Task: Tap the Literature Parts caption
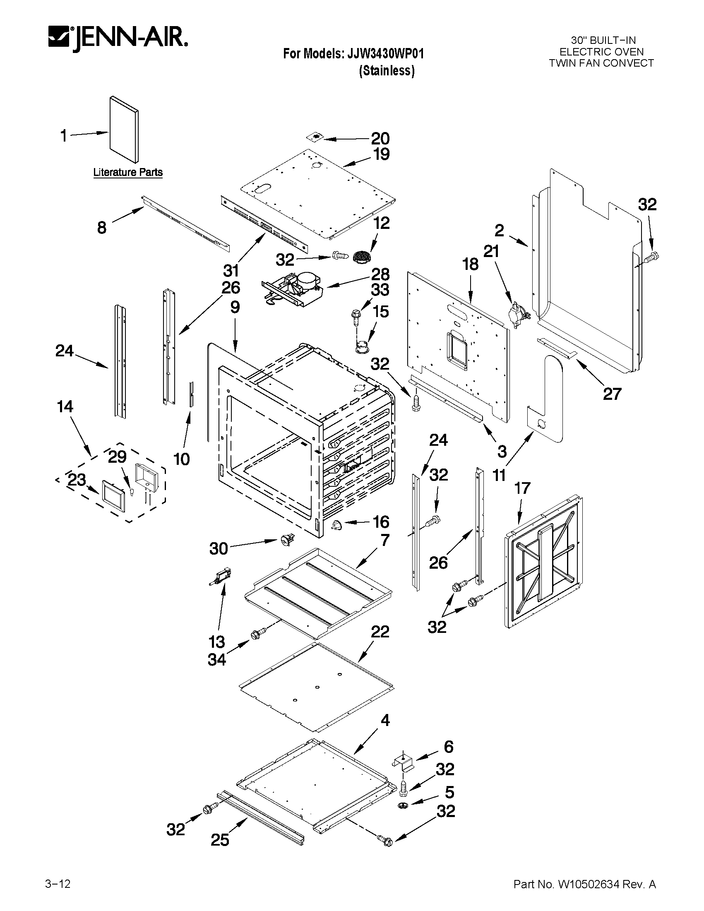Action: (x=127, y=172)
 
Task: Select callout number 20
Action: (x=380, y=139)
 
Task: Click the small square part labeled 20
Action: (x=315, y=137)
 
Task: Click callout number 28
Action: (x=380, y=274)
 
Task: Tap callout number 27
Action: (x=612, y=393)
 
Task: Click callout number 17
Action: (x=522, y=488)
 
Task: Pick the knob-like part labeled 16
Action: (x=336, y=525)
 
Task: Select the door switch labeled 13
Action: (x=221, y=577)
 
